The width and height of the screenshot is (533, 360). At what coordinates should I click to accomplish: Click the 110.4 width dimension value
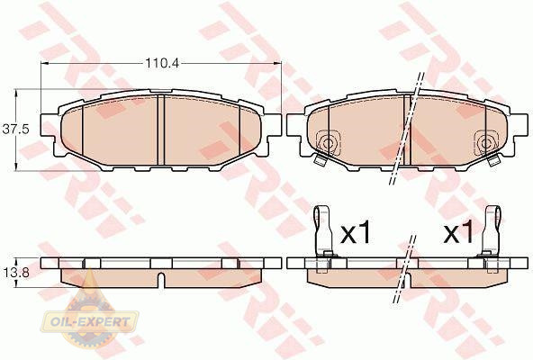coord(162,63)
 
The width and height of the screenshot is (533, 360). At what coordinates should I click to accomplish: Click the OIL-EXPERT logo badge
coord(89,321)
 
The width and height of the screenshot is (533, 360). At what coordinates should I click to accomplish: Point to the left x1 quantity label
coord(356,231)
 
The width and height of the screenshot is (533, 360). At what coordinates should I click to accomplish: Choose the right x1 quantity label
coord(458,231)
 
